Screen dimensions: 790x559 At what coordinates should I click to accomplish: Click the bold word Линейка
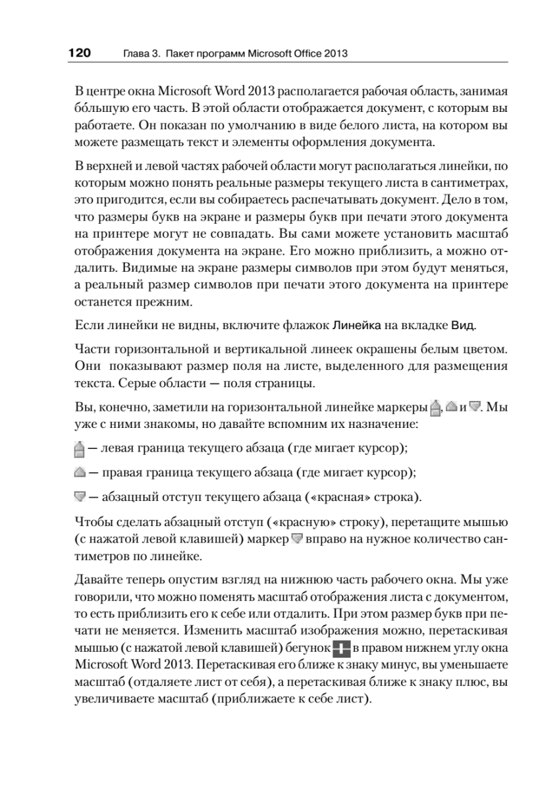[x=358, y=325]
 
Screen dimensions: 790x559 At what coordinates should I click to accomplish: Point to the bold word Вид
[x=463, y=325]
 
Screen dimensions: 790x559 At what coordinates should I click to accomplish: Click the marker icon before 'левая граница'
[x=79, y=450]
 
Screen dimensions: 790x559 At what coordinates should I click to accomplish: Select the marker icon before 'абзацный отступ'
[x=79, y=494]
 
